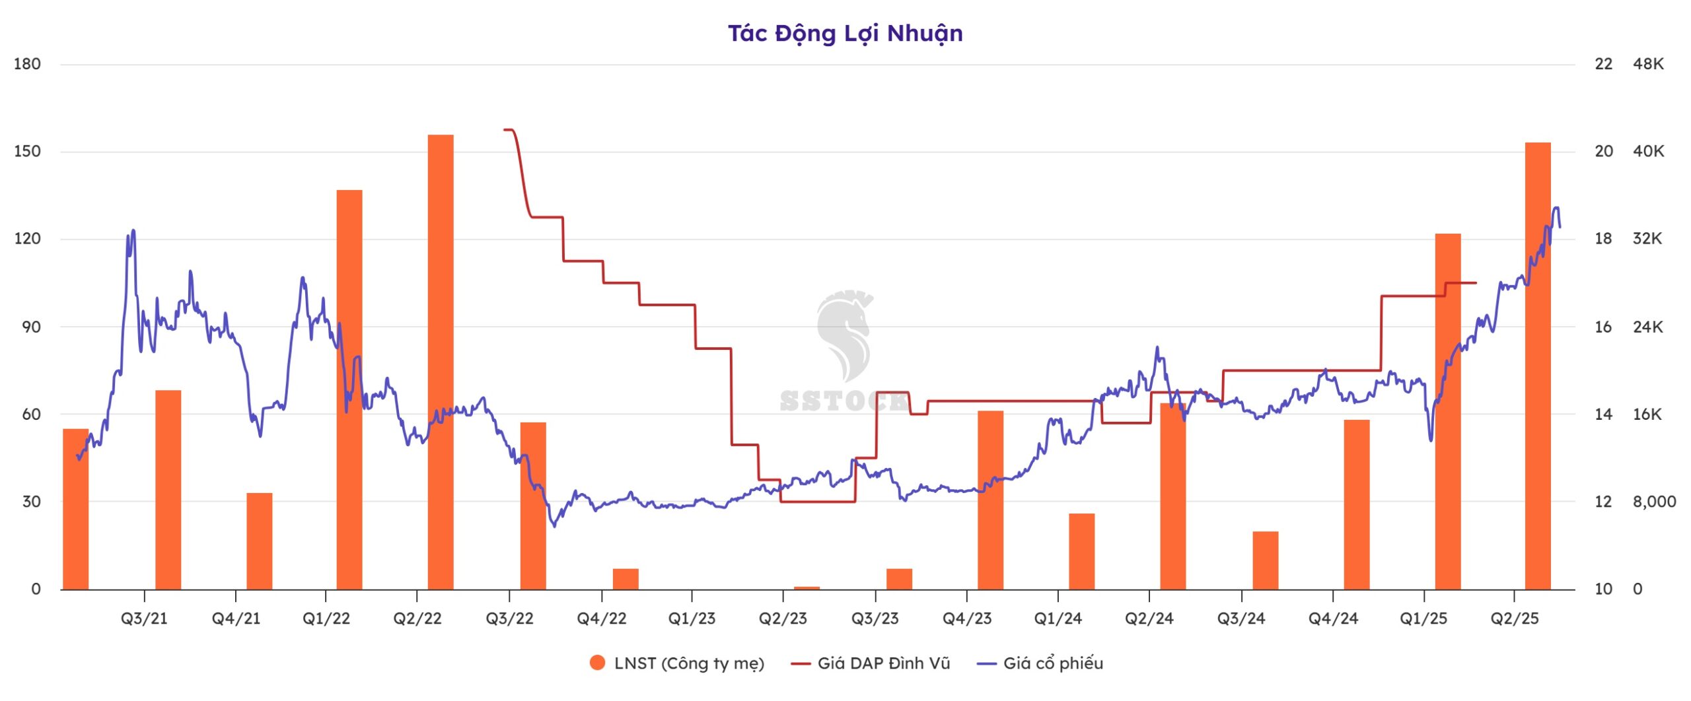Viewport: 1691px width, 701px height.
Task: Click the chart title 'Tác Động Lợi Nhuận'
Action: pos(845,33)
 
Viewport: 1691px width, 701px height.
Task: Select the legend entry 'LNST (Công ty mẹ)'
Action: pos(688,663)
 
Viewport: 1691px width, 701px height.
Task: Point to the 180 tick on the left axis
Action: pos(27,64)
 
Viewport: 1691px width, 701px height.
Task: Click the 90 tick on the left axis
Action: pos(31,327)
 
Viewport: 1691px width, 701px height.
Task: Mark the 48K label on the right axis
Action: pos(1648,64)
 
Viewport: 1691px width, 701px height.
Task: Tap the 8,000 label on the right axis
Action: pos(1654,502)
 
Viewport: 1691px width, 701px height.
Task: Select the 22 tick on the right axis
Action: pos(1603,64)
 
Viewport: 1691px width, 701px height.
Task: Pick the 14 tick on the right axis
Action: pos(1603,415)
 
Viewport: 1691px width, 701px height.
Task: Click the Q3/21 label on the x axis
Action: pos(144,618)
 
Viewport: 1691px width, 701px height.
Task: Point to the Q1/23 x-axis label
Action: pos(692,618)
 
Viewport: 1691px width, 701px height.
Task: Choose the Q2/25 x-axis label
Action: pos(1515,618)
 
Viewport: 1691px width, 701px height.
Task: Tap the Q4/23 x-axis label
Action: pos(967,618)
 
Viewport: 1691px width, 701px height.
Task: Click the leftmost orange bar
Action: pos(75,508)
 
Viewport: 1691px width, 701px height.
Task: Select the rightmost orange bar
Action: pos(1538,366)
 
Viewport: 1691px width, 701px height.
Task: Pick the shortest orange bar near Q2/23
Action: pos(807,587)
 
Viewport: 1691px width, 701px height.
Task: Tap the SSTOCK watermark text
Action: pos(844,401)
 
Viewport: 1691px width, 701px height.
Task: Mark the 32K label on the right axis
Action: pos(1647,239)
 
